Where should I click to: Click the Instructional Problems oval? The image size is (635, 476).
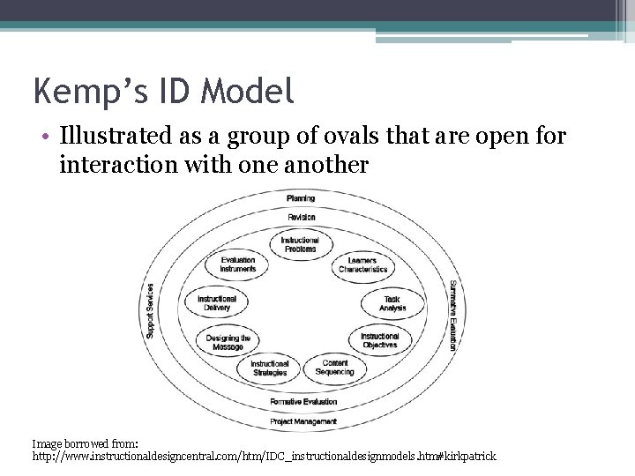(x=300, y=244)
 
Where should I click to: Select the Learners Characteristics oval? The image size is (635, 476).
(x=362, y=265)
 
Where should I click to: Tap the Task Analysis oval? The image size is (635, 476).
(x=392, y=303)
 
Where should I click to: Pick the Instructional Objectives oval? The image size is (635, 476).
(x=380, y=340)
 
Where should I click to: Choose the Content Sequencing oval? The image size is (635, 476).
(x=335, y=368)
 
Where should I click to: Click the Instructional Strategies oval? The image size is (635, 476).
(x=270, y=368)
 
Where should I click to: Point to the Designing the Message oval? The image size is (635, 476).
(x=228, y=342)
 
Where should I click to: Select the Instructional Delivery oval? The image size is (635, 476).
(x=216, y=303)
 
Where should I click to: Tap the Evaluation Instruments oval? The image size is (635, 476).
(x=238, y=264)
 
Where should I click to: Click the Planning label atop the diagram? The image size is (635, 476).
(x=301, y=198)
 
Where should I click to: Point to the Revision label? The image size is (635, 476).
(x=301, y=217)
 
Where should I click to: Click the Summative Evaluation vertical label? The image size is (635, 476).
(x=452, y=316)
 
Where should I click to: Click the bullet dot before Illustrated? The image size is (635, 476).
(x=43, y=139)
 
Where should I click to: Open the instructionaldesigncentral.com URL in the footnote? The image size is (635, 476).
(x=265, y=457)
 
